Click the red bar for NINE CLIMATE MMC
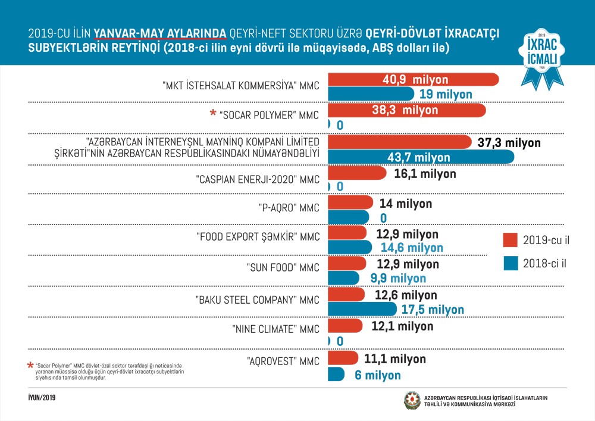click(344, 326)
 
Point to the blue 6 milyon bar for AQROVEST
click(336, 375)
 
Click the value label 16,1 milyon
click(425, 174)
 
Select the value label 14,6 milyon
click(408, 247)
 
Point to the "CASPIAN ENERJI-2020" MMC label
click(257, 179)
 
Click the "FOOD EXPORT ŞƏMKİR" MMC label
click(258, 236)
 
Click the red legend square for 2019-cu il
click(510, 240)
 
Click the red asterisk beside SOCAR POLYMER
click(212, 113)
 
